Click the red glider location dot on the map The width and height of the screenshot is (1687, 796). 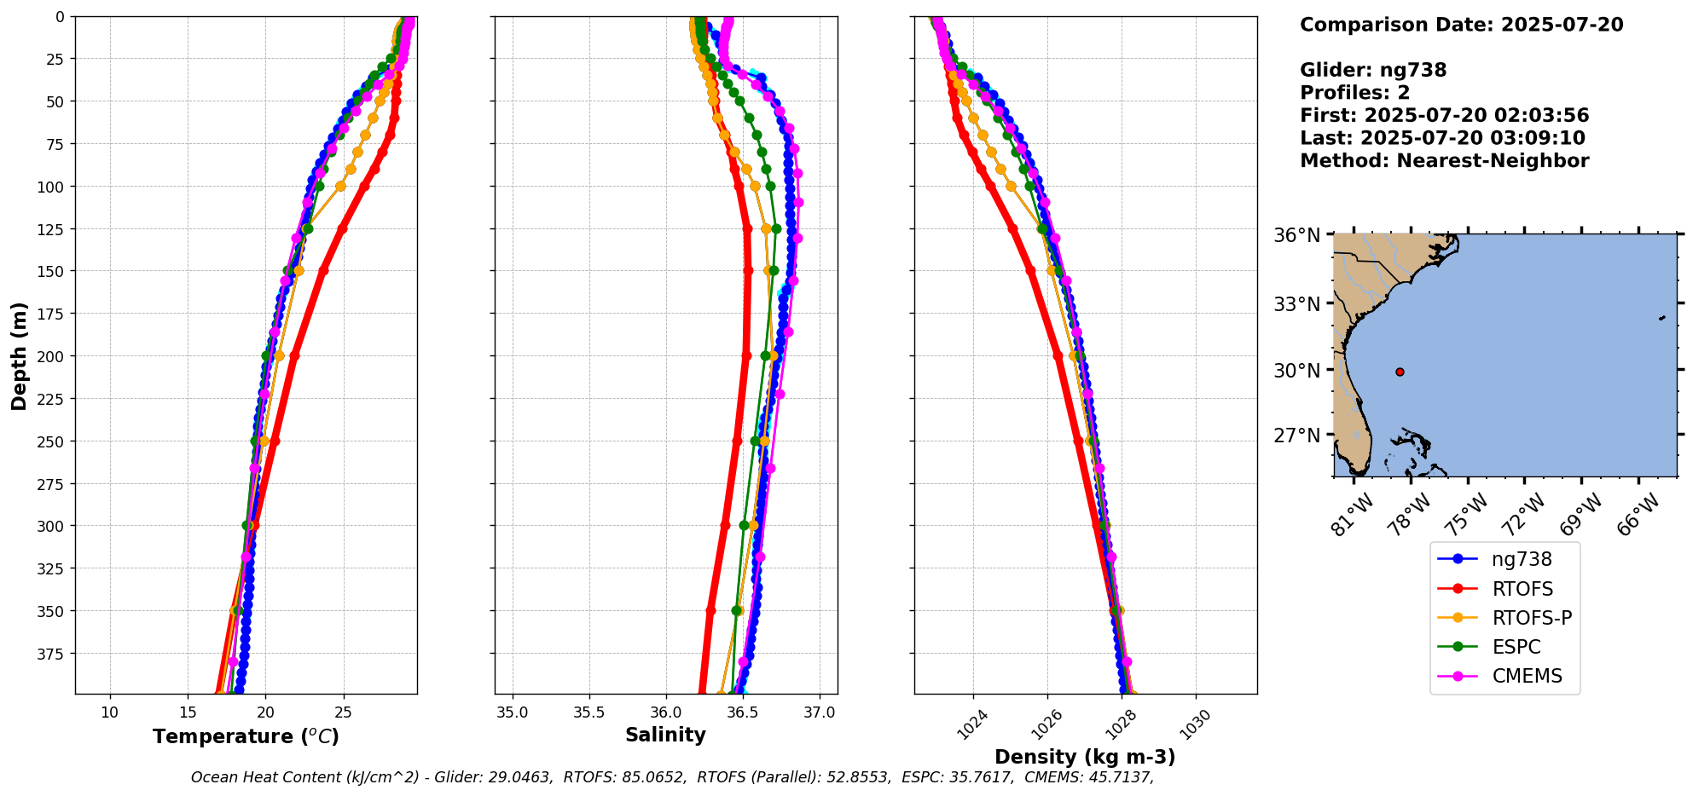pyautogui.click(x=1400, y=372)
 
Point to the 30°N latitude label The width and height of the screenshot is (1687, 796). pyautogui.click(x=1297, y=371)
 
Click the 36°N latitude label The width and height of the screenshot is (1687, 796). pyautogui.click(x=1297, y=235)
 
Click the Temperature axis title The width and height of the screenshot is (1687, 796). pyautogui.click(x=246, y=736)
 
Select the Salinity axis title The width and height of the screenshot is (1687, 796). pyautogui.click(x=665, y=735)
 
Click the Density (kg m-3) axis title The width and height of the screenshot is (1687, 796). pyautogui.click(x=1085, y=757)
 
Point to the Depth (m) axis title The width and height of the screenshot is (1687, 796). pyautogui.click(x=19, y=355)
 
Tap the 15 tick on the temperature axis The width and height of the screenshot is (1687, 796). pyautogui.click(x=188, y=712)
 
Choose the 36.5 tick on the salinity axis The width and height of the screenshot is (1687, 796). pyautogui.click(x=742, y=712)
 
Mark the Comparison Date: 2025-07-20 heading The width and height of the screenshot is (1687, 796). pyautogui.click(x=1461, y=25)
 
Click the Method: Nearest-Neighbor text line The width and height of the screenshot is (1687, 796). pyautogui.click(x=1444, y=161)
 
